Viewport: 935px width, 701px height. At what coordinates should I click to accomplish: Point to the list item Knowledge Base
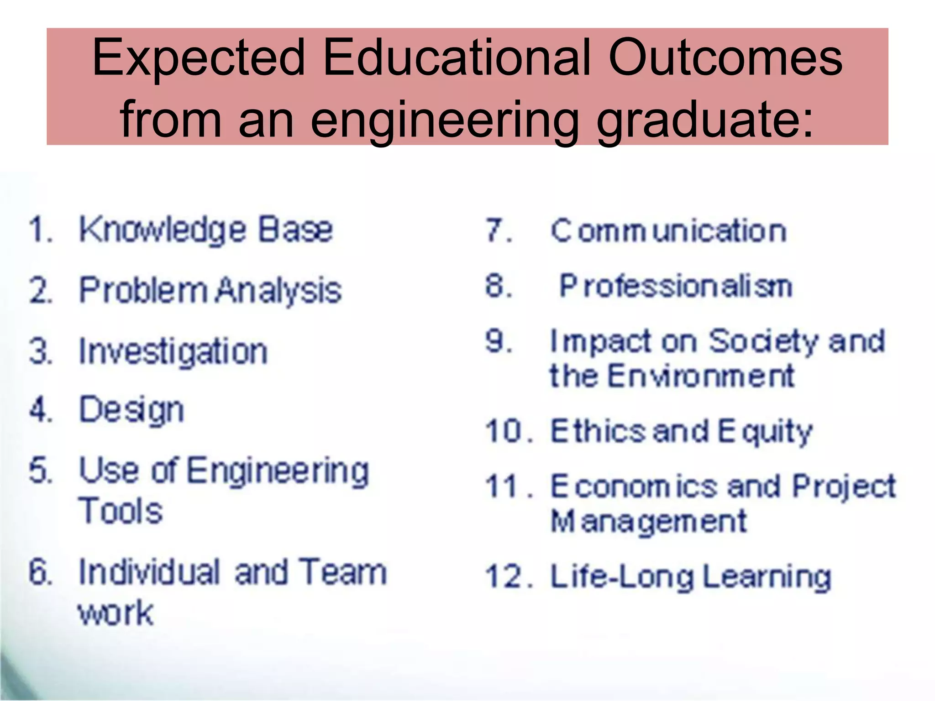pos(205,230)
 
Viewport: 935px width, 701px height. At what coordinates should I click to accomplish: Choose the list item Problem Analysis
pos(210,290)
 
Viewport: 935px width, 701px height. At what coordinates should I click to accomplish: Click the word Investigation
pos(173,352)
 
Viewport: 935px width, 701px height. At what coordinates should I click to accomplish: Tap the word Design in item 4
pos(131,410)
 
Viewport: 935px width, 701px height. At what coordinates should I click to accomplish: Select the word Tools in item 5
pos(121,510)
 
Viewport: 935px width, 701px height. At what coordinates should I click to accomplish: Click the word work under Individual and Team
pos(116,612)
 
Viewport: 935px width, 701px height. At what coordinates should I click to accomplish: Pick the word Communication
pos(668,230)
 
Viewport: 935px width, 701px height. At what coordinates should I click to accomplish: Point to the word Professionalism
pos(676,287)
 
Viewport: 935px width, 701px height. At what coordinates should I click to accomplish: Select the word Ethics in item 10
pos(598,431)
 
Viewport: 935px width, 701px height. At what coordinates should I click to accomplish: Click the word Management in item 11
pos(648,521)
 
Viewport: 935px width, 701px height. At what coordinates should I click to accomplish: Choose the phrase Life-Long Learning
pos(691,577)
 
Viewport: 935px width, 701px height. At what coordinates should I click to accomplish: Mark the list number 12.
pos(507,577)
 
